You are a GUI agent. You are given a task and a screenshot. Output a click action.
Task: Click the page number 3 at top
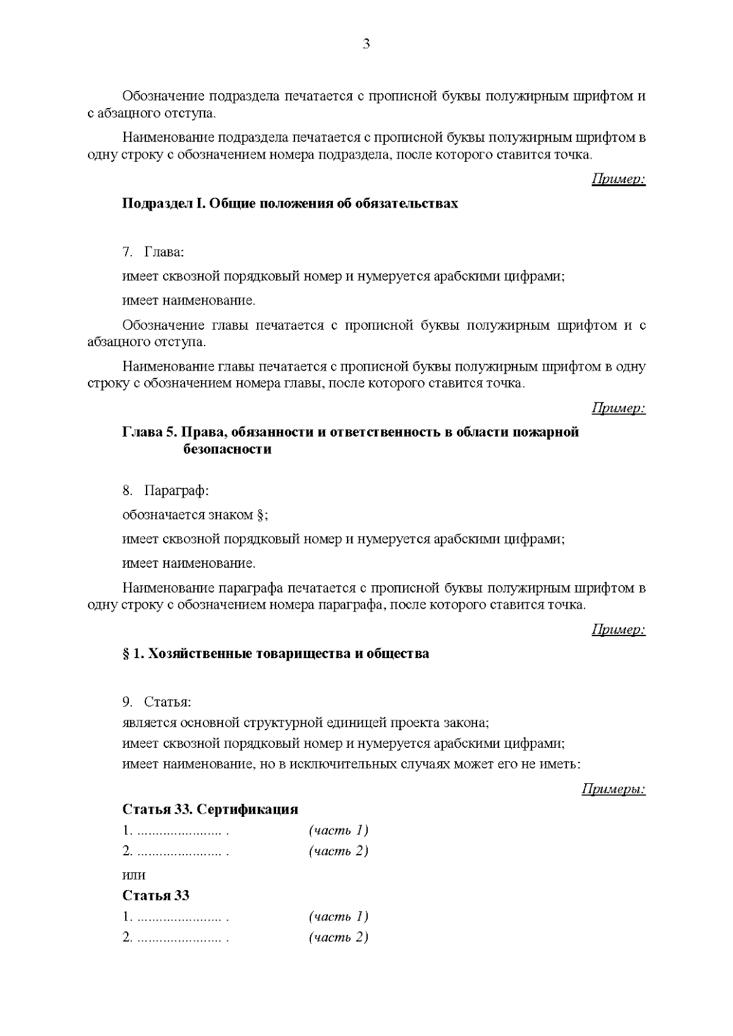pyautogui.click(x=366, y=44)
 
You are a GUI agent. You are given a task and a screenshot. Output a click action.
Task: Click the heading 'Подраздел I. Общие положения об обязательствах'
pyautogui.click(x=290, y=203)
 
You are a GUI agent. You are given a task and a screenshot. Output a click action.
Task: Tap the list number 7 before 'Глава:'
pyautogui.click(x=126, y=252)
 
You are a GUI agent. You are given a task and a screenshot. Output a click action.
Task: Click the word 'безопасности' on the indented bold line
pyautogui.click(x=227, y=449)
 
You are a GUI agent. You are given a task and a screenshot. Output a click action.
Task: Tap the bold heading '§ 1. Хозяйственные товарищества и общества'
pyautogui.click(x=275, y=654)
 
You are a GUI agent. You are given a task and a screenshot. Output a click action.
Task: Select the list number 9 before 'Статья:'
pyautogui.click(x=126, y=702)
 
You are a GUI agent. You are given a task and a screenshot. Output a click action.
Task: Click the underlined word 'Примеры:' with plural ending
pyautogui.click(x=613, y=789)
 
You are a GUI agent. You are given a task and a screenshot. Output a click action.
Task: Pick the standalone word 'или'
pyautogui.click(x=134, y=875)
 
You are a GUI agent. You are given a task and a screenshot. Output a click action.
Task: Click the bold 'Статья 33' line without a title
pyautogui.click(x=156, y=896)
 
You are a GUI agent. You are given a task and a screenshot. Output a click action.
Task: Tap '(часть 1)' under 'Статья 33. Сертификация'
pyautogui.click(x=339, y=830)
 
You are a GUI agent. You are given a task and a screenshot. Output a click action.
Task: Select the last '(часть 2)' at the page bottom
pyautogui.click(x=339, y=937)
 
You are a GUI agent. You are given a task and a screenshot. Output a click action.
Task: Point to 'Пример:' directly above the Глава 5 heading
pyautogui.click(x=618, y=408)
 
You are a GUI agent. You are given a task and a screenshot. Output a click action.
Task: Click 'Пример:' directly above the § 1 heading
pyautogui.click(x=618, y=629)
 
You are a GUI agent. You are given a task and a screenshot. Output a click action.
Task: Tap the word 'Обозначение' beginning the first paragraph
pyautogui.click(x=164, y=96)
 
